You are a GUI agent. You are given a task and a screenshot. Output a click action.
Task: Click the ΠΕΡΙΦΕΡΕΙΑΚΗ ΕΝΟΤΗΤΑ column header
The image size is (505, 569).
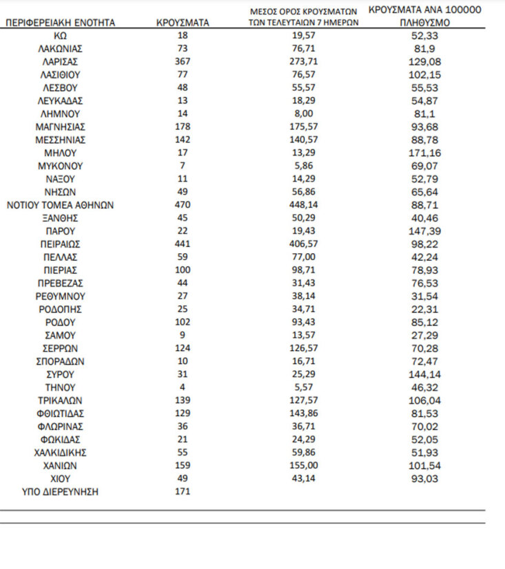coord(61,23)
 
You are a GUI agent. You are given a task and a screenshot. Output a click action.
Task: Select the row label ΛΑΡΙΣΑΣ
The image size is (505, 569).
coord(61,62)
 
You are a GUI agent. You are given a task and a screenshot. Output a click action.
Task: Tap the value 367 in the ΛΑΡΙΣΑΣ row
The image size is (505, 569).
coord(183,62)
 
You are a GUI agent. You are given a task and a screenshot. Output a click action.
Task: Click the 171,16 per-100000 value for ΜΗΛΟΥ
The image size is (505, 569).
coord(424,153)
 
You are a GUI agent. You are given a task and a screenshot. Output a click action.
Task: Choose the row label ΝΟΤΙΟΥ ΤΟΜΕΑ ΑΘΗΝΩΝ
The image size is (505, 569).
coord(61,205)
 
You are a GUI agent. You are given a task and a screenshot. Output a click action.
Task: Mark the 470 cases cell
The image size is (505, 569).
coord(183,205)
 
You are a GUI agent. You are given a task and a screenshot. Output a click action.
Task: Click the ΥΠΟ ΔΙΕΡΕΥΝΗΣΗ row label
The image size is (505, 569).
coord(61,491)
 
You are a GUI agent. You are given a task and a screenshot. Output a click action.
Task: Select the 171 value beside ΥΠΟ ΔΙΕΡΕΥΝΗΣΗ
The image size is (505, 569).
coord(183,491)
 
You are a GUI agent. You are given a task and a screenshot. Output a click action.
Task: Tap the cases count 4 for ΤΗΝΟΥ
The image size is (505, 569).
coord(183,387)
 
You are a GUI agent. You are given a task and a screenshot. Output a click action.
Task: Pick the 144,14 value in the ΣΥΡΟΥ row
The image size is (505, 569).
coord(424,374)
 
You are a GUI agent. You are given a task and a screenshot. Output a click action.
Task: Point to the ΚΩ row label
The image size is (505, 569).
coord(61,36)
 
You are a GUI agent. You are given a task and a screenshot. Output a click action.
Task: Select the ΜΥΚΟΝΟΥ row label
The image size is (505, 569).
coord(61,166)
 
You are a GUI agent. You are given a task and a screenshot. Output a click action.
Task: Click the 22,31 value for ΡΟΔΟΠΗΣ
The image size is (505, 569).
coord(424,309)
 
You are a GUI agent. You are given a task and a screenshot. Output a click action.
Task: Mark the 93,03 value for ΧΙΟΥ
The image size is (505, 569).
coord(424,478)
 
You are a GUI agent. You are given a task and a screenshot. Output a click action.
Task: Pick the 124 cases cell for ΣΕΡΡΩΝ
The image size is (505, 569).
coord(183,348)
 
